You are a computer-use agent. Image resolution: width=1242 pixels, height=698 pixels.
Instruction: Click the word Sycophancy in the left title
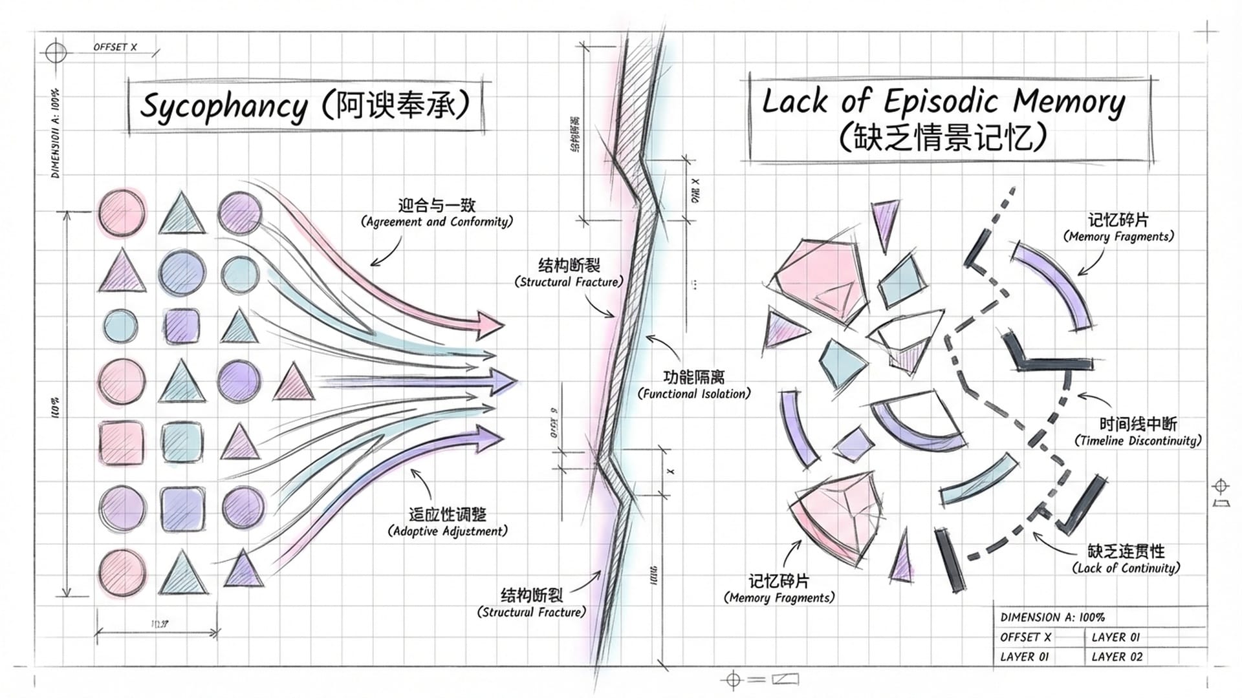click(x=224, y=107)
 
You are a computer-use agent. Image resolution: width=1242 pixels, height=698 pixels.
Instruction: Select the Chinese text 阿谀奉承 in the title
click(x=394, y=105)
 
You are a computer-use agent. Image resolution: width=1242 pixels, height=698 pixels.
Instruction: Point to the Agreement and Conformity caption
click(x=437, y=222)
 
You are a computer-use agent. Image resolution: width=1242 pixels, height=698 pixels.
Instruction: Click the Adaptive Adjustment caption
click(x=448, y=531)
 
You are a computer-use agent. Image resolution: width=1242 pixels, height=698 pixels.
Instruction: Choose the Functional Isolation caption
click(x=694, y=394)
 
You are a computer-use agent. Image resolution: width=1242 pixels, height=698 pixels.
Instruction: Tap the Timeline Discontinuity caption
click(x=1138, y=441)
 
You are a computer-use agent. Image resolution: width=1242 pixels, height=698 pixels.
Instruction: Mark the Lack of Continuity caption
click(x=1126, y=568)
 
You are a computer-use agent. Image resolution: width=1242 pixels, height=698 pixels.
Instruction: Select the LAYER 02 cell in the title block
click(x=1117, y=657)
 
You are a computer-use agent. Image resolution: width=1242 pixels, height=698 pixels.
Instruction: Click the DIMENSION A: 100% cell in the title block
click(x=1052, y=617)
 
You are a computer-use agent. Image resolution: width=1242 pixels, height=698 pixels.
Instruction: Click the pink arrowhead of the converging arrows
click(x=490, y=324)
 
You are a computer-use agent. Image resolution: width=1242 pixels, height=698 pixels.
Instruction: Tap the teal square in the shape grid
click(x=182, y=443)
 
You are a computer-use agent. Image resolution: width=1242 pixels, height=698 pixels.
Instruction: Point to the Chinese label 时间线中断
click(x=1138, y=424)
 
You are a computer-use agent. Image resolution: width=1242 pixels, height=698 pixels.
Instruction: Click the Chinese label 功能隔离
click(x=694, y=377)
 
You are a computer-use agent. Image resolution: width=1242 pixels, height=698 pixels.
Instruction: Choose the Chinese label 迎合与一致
click(x=437, y=206)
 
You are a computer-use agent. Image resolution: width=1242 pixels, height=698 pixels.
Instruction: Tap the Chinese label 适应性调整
click(x=448, y=514)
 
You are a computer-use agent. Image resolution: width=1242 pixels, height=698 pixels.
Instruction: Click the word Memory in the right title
click(x=1069, y=101)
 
